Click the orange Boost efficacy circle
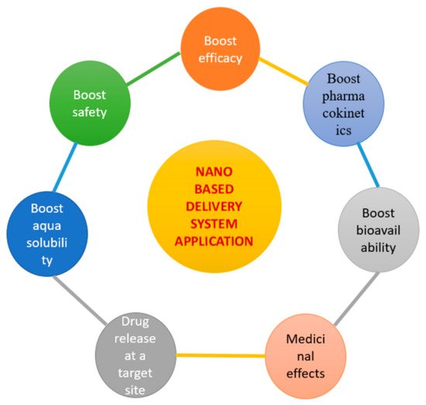(220, 49)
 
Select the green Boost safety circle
(90, 103)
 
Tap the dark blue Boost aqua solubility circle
(47, 234)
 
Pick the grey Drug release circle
(136, 355)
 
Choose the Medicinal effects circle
(306, 356)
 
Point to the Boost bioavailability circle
(379, 230)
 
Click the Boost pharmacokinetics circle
(343, 104)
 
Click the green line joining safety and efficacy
(153, 69)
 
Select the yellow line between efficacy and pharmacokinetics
(283, 71)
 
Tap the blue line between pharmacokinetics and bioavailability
(368, 165)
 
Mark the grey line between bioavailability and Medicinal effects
(356, 299)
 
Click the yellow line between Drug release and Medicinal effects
(221, 355)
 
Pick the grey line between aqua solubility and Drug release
(81, 300)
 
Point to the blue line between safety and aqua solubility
(65, 167)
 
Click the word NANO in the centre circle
(214, 172)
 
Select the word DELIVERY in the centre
(214, 207)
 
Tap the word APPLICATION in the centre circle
(214, 242)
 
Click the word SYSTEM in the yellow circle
(214, 224)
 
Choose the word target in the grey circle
(135, 374)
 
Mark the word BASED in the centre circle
(214, 189)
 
